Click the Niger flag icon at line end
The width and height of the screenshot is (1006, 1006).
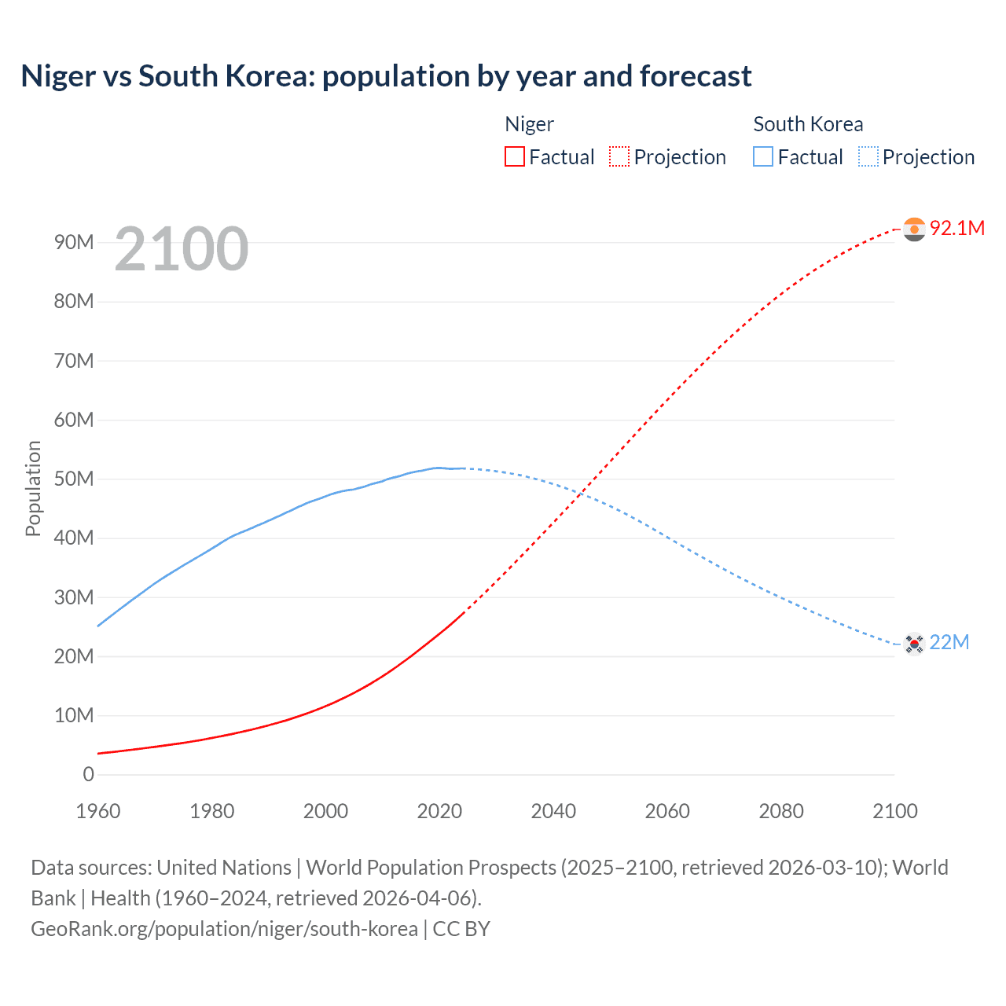[x=914, y=229]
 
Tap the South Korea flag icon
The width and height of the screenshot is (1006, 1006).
[x=914, y=644]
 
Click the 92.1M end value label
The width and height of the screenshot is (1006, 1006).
[x=957, y=228]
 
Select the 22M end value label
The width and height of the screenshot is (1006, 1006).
[x=949, y=642]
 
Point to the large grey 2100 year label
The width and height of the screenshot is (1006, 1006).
[x=181, y=249]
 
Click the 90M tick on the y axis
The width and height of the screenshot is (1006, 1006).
[x=74, y=242]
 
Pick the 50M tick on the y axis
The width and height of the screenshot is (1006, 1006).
[x=74, y=479]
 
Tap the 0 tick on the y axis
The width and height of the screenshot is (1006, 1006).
[x=88, y=774]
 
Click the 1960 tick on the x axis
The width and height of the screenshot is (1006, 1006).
[x=98, y=811]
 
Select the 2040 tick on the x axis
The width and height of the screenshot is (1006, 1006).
[x=553, y=811]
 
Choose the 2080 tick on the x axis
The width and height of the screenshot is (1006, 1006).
[x=781, y=811]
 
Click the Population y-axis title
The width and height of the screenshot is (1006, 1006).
[x=33, y=488]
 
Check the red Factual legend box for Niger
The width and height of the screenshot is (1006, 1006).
[x=514, y=157]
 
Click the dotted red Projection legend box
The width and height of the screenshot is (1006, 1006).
[x=619, y=157]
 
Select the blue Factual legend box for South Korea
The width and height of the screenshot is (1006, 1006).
[x=763, y=157]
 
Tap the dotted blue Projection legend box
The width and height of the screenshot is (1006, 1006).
[x=868, y=157]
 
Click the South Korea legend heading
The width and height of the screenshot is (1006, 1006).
[x=808, y=124]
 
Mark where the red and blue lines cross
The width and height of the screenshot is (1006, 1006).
[x=580, y=494]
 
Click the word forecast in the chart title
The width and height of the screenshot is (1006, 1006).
[x=696, y=76]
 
